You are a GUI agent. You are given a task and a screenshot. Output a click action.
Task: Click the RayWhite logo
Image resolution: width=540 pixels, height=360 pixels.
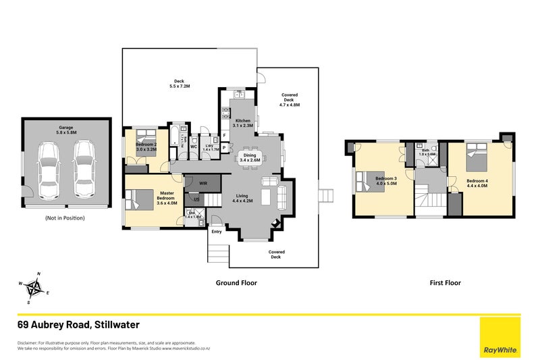500,338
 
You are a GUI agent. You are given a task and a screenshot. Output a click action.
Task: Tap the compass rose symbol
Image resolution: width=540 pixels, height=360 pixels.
34,288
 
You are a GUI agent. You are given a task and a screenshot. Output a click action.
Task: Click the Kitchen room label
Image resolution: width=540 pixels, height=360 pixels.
242,123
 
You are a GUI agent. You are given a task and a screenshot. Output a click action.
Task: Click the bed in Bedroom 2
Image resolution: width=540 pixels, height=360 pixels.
144,144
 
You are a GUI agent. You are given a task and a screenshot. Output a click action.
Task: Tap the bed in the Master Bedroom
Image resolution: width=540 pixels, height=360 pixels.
142,201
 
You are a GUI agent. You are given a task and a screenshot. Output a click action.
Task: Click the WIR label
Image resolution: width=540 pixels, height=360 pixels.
202,182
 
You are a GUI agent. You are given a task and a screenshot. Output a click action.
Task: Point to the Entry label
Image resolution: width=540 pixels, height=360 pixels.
216,232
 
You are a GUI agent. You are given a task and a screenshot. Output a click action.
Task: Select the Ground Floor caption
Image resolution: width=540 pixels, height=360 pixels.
236,283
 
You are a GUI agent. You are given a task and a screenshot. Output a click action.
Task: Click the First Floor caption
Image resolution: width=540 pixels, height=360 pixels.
445,283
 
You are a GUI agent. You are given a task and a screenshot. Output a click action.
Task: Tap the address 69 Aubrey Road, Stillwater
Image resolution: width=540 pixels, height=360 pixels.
78,325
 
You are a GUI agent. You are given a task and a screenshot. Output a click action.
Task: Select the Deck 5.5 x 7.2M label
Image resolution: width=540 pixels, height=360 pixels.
179,84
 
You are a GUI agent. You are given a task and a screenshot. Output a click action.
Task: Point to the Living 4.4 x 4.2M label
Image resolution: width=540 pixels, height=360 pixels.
242,198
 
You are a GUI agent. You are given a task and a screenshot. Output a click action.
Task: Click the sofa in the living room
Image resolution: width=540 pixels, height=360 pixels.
281,197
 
